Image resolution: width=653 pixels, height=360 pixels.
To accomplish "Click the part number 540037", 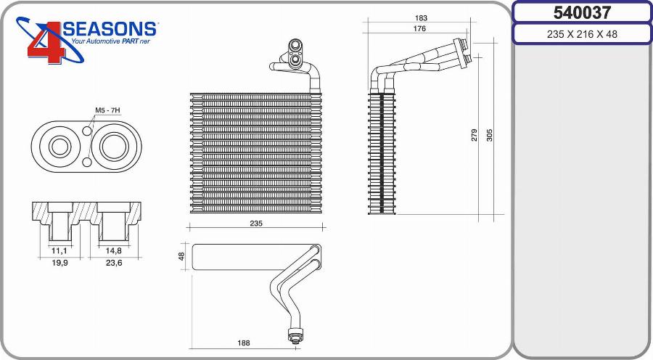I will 582,12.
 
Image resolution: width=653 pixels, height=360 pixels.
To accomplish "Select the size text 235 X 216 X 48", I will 582,34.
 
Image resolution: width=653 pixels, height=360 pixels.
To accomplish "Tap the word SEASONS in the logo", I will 110,29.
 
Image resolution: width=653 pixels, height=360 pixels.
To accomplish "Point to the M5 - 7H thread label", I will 107,110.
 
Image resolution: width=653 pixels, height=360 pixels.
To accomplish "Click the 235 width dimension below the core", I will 255,224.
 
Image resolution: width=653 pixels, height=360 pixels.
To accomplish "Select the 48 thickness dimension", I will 182,256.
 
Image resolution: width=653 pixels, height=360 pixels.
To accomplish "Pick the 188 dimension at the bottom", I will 245,342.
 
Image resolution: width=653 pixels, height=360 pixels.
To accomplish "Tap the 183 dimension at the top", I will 421,17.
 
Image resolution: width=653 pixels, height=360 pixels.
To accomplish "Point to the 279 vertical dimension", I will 475,134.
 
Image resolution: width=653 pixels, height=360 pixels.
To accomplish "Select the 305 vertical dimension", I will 490,134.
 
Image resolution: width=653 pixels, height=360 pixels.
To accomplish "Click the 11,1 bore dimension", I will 60,250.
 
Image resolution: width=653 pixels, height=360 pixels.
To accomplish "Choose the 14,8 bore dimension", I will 114,250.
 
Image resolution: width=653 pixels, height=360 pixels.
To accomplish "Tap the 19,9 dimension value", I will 60,263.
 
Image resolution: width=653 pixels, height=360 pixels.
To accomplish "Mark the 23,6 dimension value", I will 114,263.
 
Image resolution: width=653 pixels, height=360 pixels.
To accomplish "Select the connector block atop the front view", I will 295,54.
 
